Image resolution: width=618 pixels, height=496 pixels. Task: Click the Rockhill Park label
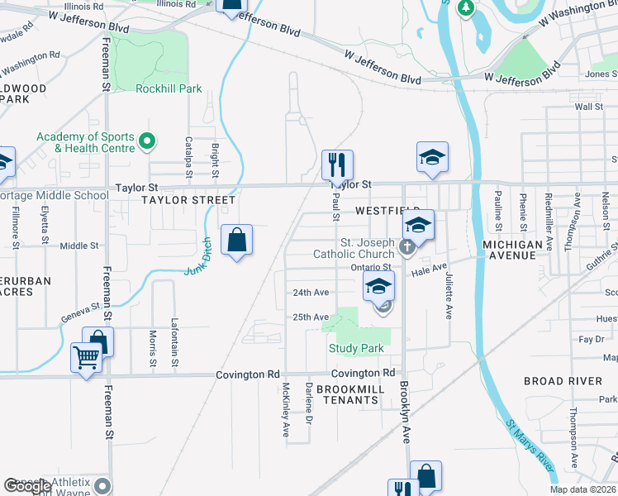tap(169, 88)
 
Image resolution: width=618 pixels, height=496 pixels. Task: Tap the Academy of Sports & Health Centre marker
tap(148, 142)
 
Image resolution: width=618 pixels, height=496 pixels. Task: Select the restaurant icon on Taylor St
tap(337, 165)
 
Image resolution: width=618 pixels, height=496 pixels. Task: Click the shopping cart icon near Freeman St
tap(86, 358)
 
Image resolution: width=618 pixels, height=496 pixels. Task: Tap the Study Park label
tap(356, 348)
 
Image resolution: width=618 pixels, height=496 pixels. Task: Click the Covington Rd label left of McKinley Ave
tap(249, 374)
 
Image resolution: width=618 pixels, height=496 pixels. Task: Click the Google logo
tap(27, 486)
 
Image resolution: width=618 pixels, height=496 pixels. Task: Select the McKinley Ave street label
tap(285, 408)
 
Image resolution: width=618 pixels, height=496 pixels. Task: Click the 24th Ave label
tap(311, 293)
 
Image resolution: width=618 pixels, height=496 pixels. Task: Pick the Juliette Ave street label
tap(449, 296)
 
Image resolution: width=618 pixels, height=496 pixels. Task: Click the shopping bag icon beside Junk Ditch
tap(237, 241)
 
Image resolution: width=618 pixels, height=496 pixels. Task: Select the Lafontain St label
tap(174, 337)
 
